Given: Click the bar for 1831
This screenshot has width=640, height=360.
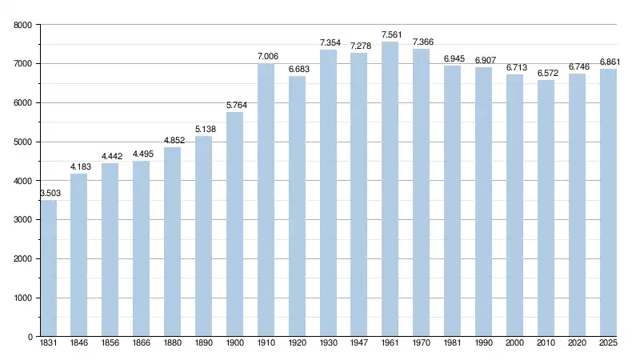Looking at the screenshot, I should [48, 268].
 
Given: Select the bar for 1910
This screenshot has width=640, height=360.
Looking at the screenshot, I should [266, 200].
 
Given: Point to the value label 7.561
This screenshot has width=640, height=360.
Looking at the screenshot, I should [390, 35].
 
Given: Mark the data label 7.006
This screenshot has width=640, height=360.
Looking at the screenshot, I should [266, 57].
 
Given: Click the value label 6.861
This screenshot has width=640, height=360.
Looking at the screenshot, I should [608, 62].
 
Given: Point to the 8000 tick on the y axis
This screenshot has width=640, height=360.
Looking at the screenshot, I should [22, 25].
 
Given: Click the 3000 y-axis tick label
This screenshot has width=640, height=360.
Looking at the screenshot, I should [22, 220].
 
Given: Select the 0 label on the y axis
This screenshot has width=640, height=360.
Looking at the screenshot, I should [29, 337].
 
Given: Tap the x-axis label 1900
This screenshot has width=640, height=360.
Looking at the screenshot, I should [234, 345].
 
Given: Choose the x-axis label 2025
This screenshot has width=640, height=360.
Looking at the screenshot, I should [608, 345].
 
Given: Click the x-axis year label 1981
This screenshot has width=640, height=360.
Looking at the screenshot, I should [453, 345].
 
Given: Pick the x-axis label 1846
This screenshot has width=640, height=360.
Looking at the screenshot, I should [79, 345].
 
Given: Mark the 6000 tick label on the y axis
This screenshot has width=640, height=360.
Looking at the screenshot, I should [22, 103].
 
